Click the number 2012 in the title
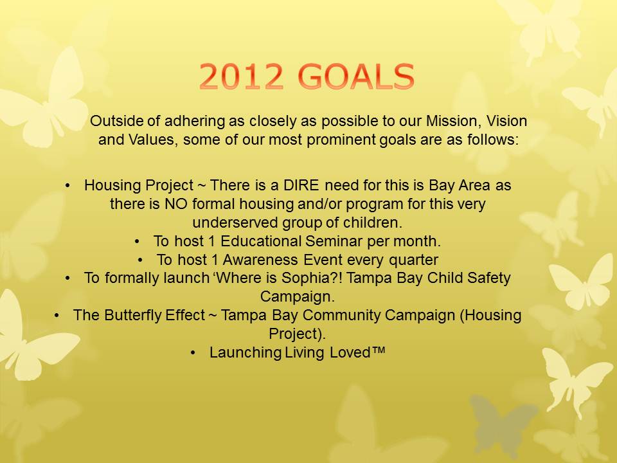coord(241,76)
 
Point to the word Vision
coord(507,120)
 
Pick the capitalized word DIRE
coord(301,185)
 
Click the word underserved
coord(235,222)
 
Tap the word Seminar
coord(334,241)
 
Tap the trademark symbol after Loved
coord(378,350)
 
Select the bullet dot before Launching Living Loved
coord(193,353)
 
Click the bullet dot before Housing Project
coord(67,186)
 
